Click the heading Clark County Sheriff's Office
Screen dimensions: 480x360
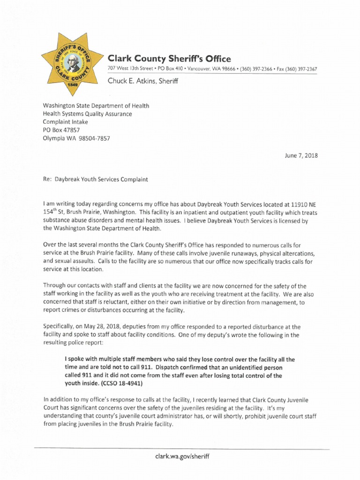[169, 59]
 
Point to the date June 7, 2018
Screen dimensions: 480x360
[301, 156]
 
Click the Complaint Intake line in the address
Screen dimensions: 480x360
[65, 122]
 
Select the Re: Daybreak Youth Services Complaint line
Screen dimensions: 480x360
[96, 180]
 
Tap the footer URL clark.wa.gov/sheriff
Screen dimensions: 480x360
[180, 456]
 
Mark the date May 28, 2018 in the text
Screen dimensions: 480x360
[101, 326]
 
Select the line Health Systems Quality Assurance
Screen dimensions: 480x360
[87, 114]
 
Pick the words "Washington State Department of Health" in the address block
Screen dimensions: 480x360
[96, 106]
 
